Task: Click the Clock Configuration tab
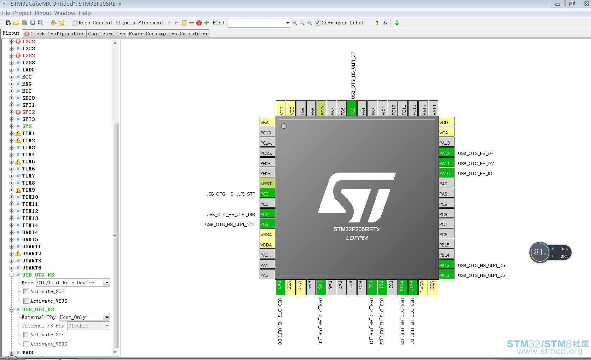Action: coord(54,34)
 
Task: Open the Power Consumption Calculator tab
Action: coord(168,34)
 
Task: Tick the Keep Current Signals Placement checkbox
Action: coord(75,23)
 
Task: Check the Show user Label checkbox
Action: coord(318,23)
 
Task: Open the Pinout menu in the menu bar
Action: coord(43,13)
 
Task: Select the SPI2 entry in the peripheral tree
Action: coord(29,112)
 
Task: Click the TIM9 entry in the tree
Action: coord(29,190)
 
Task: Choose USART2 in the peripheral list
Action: coord(32,254)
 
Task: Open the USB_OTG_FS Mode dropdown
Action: coord(73,283)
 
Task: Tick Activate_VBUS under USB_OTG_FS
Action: coord(26,301)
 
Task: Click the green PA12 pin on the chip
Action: coord(446,153)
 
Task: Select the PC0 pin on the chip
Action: coord(267,194)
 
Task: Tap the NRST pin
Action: coord(267,184)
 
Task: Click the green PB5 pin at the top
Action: coord(352,108)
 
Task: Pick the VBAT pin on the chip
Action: coord(267,122)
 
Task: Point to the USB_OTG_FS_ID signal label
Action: coord(475,174)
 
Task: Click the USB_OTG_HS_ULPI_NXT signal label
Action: coord(230,225)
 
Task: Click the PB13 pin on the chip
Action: coord(446,265)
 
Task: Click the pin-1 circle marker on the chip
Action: coord(284,126)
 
